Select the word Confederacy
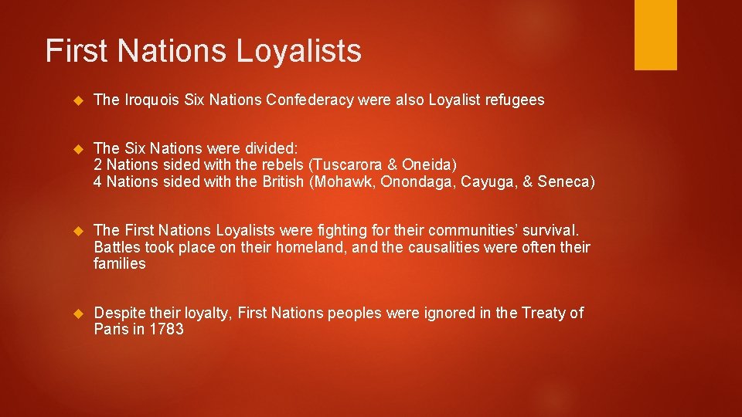(x=299, y=100)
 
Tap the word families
(x=119, y=263)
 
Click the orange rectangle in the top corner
(x=655, y=35)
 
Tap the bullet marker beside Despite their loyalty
(x=77, y=314)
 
